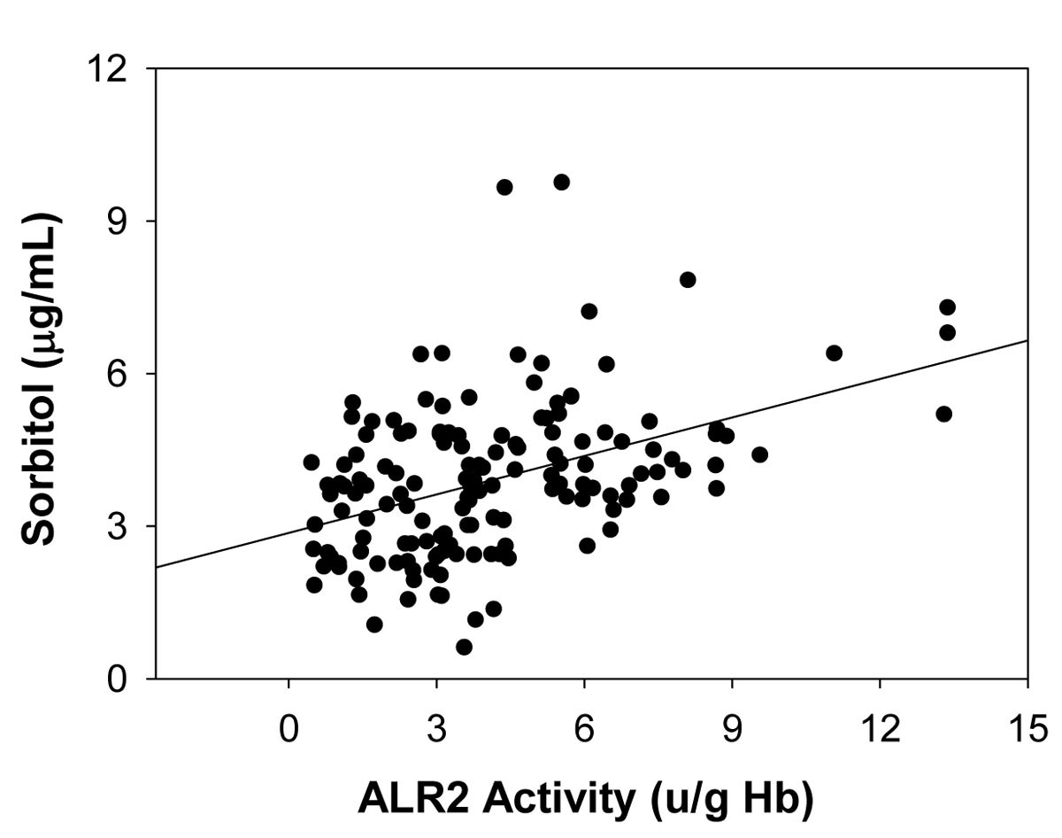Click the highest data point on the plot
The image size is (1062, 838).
click(x=561, y=182)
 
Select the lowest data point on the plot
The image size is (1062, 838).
click(x=464, y=647)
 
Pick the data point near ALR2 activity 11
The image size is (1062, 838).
click(x=833, y=353)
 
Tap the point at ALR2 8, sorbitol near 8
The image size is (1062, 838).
click(x=688, y=280)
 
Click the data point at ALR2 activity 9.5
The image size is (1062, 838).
click(x=759, y=454)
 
